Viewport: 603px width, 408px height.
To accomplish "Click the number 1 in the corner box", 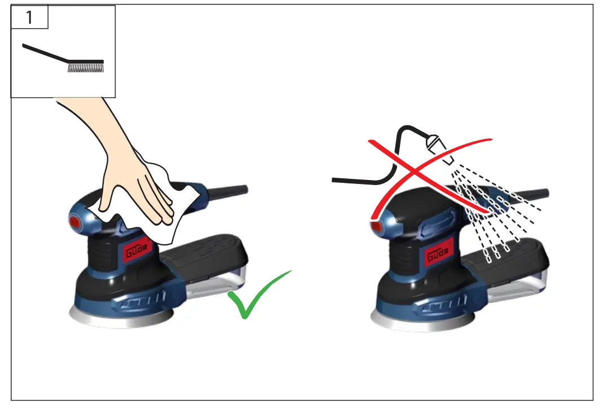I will pyautogui.click(x=29, y=17).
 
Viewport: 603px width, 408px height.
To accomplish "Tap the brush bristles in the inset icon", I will pyautogui.click(x=86, y=68).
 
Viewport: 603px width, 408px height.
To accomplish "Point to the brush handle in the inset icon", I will pyautogui.click(x=45, y=52).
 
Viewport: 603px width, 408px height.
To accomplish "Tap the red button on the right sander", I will pyautogui.click(x=374, y=227).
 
